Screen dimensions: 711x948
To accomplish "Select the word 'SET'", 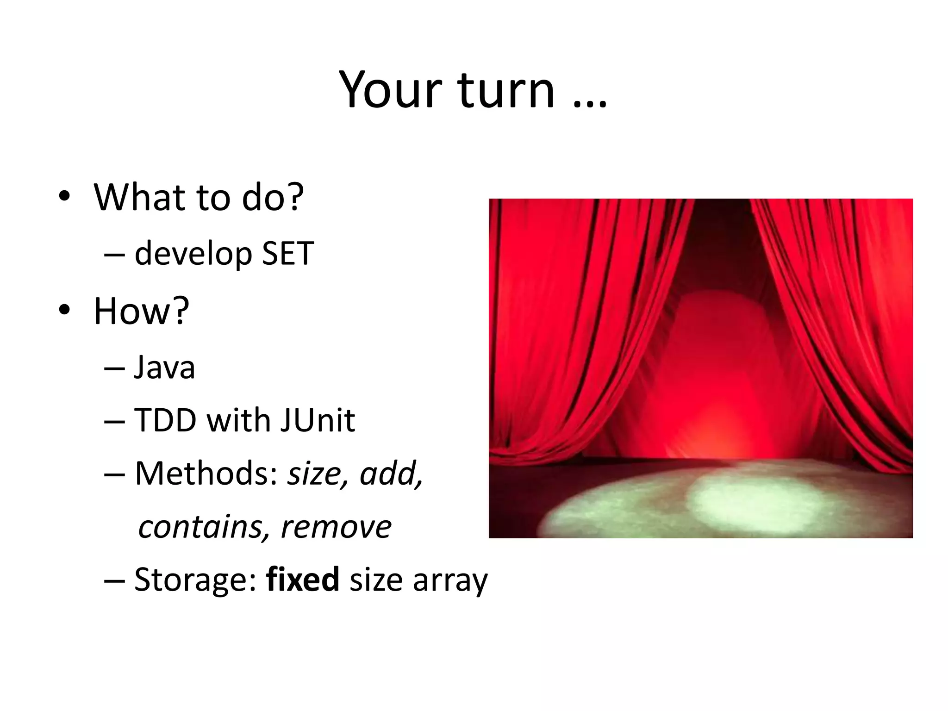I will pyautogui.click(x=287, y=254).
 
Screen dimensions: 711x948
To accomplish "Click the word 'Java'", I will pyautogui.click(x=164, y=368).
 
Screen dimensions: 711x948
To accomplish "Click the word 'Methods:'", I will pyautogui.click(x=206, y=474).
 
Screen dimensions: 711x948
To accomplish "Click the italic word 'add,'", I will pyautogui.click(x=392, y=474).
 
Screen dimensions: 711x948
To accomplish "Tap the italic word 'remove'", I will pyautogui.click(x=336, y=528).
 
